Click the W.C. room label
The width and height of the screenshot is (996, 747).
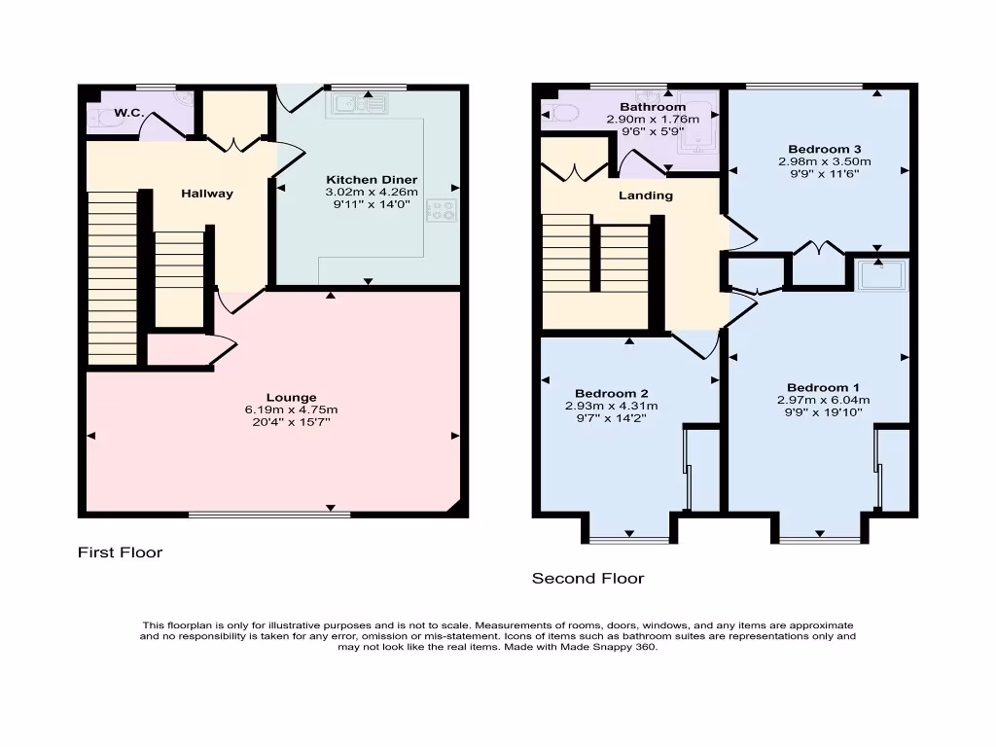pos(129,114)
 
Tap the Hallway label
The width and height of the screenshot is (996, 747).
pos(207,194)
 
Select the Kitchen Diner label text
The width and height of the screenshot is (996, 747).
pos(372,180)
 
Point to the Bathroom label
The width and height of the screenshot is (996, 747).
pos(653,107)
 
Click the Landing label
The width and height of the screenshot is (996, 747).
pos(646,196)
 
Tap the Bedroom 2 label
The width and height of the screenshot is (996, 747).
pos(610,394)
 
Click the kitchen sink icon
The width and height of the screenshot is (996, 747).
pos(359,102)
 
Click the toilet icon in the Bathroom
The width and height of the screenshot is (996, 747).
pos(561,114)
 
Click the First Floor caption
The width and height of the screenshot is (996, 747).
pos(120,552)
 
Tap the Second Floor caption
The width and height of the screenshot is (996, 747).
pos(587,578)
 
